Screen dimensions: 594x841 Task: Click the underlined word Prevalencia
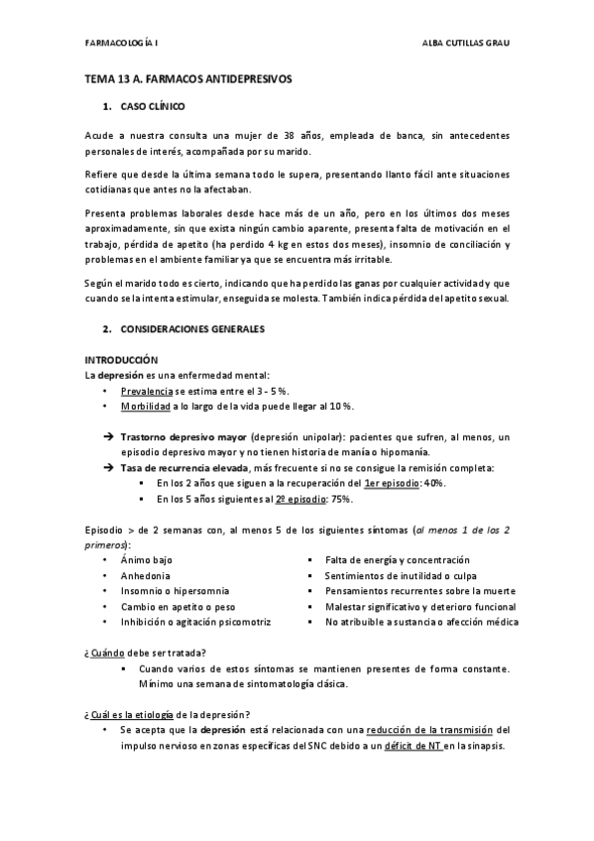[147, 392]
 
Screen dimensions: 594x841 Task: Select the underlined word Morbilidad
[147, 408]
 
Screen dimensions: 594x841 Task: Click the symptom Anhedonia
[145, 575]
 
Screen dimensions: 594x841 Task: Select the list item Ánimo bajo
[147, 559]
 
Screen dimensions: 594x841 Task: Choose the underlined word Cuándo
[107, 652]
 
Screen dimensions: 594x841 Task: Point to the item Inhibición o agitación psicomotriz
[195, 622]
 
